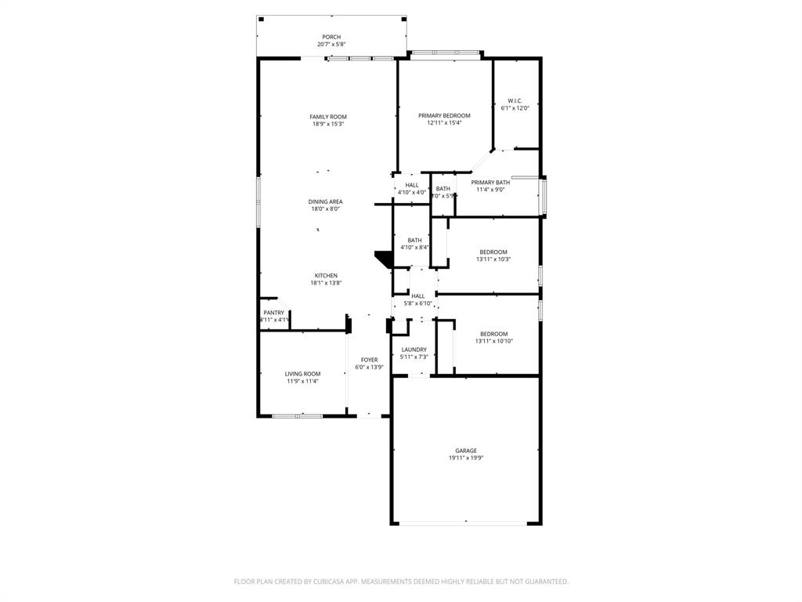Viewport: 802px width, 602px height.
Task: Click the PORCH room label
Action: [331, 37]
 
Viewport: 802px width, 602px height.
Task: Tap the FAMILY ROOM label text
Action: [327, 117]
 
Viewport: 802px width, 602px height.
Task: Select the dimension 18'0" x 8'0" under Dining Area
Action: [325, 209]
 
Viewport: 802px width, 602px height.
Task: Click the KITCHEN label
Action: [326, 275]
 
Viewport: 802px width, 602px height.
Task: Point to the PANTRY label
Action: [273, 312]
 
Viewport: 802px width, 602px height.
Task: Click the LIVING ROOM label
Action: [302, 374]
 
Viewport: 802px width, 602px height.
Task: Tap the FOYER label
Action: [369, 360]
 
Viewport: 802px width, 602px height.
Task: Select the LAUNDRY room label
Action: [414, 350]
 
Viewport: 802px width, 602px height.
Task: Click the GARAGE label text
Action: [466, 451]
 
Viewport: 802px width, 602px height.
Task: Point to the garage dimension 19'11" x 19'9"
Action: [466, 459]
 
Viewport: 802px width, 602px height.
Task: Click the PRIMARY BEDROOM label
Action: [444, 115]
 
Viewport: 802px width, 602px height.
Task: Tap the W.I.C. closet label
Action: [515, 100]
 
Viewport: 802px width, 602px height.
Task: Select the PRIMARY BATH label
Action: [490, 182]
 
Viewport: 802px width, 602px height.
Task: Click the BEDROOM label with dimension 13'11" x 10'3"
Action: [493, 252]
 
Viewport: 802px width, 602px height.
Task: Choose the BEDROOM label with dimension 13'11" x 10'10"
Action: [493, 333]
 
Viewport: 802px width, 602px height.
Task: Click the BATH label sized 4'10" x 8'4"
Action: [414, 240]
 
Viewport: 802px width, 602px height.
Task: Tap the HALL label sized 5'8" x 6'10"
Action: [417, 296]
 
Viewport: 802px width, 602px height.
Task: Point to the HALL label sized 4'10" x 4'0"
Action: [411, 185]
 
